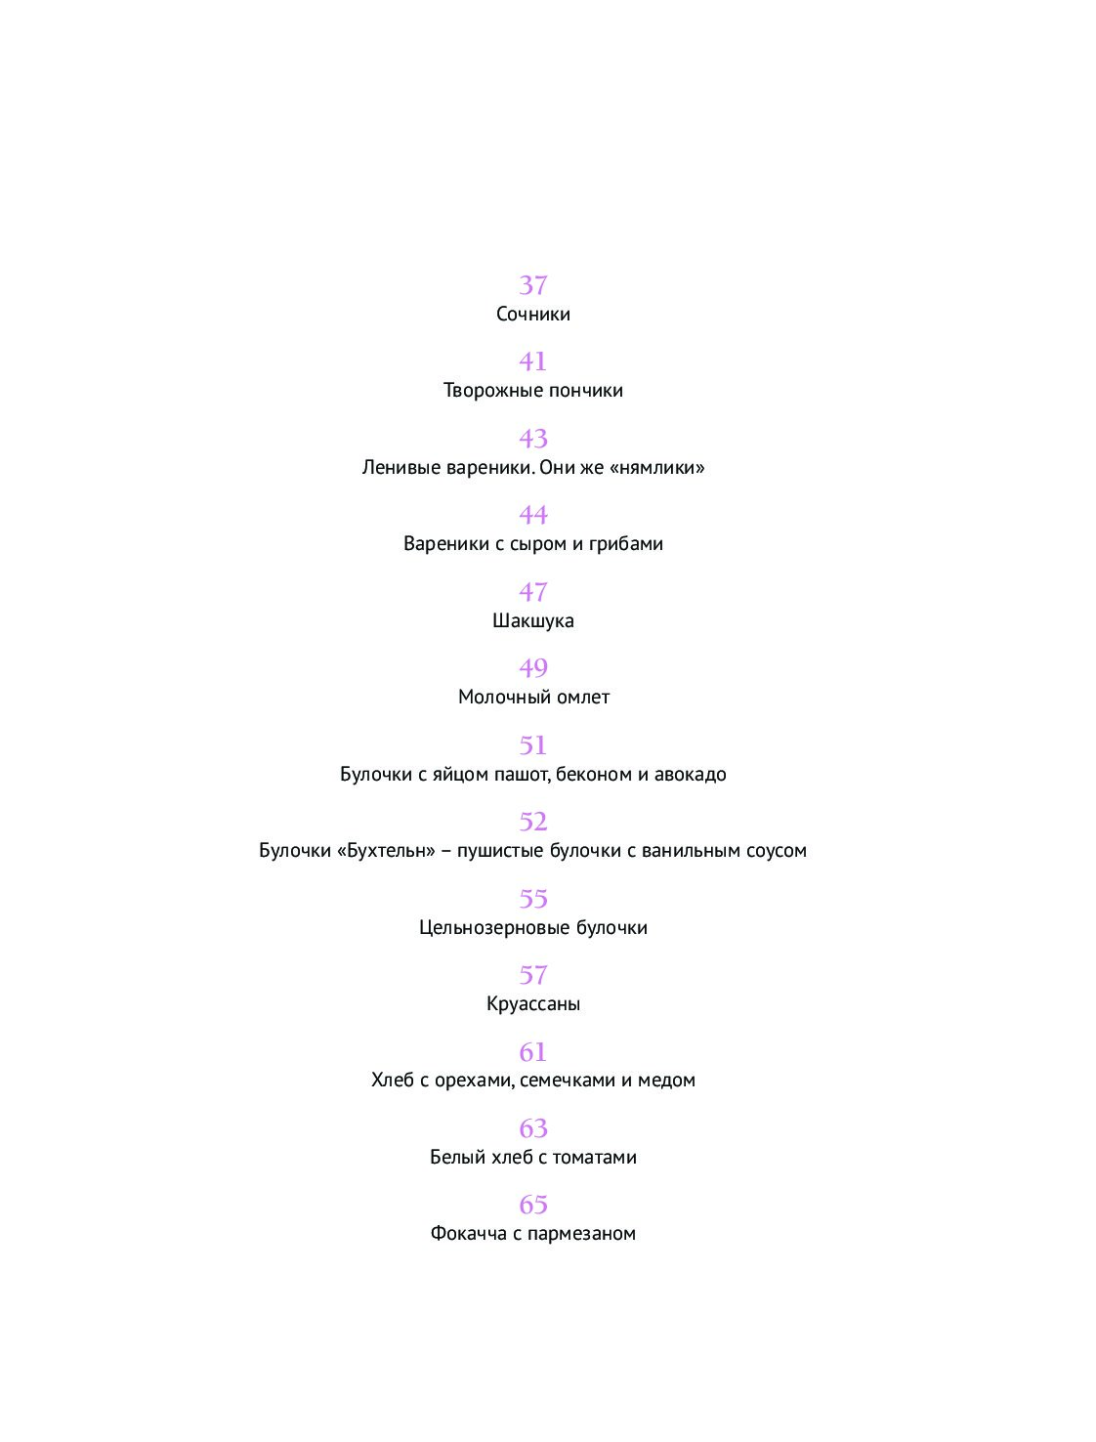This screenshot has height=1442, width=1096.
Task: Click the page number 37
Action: point(532,285)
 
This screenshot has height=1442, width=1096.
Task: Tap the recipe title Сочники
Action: point(532,314)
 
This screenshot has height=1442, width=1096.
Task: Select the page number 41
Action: point(532,361)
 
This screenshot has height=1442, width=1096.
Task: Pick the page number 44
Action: point(532,515)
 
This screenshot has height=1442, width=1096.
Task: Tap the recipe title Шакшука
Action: point(532,620)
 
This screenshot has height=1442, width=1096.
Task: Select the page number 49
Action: point(532,668)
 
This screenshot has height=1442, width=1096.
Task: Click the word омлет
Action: point(584,697)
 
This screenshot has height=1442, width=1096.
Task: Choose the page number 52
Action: point(532,822)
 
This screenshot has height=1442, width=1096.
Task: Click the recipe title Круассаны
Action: point(532,1003)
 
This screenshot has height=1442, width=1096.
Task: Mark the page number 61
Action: point(532,1052)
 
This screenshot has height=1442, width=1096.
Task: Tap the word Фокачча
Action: point(468,1234)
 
